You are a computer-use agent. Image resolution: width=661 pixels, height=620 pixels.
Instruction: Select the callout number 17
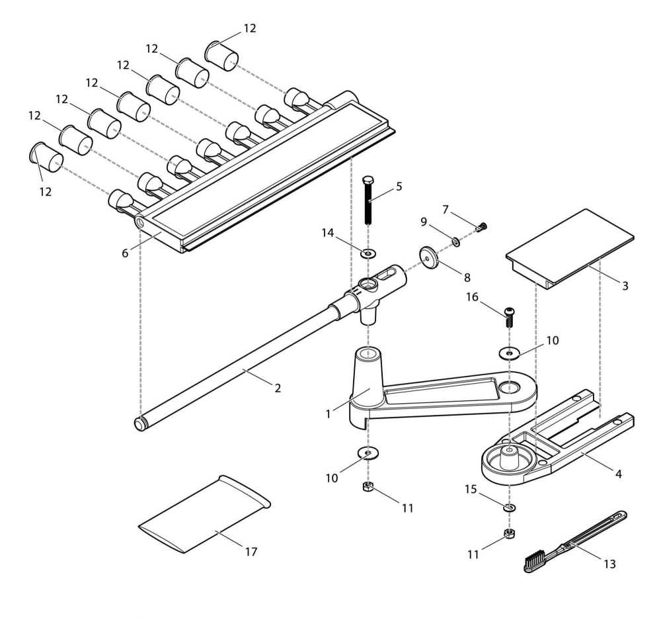(x=251, y=551)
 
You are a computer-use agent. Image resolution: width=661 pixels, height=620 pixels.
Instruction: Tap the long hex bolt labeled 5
(x=368, y=200)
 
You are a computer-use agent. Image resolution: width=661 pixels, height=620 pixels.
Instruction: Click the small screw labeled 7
(x=482, y=227)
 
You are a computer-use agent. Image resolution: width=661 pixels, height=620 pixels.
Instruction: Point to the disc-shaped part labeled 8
(x=429, y=257)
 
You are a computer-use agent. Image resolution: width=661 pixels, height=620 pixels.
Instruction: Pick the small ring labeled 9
(x=456, y=242)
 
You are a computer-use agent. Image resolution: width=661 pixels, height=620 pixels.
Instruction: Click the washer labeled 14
(x=368, y=253)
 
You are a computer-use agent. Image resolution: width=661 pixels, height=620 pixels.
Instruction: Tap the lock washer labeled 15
(x=510, y=506)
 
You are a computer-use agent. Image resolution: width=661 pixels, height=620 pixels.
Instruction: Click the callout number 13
(x=609, y=564)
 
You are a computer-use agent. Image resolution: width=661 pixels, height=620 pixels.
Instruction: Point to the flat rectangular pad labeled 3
(x=570, y=247)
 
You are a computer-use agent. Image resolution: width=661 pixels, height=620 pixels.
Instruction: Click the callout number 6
(x=125, y=253)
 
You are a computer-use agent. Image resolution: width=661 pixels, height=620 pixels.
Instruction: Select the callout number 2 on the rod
(x=278, y=388)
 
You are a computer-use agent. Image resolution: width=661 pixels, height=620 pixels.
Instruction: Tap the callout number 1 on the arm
(x=328, y=414)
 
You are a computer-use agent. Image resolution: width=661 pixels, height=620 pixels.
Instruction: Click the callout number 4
(x=619, y=474)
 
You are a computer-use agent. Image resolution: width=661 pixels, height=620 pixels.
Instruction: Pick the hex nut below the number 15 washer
(x=510, y=534)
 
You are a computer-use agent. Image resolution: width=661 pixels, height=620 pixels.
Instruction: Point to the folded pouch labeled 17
(x=204, y=514)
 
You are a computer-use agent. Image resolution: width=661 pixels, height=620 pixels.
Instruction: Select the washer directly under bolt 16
(x=510, y=352)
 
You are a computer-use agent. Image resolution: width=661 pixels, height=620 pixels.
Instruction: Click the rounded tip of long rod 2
(x=139, y=423)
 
